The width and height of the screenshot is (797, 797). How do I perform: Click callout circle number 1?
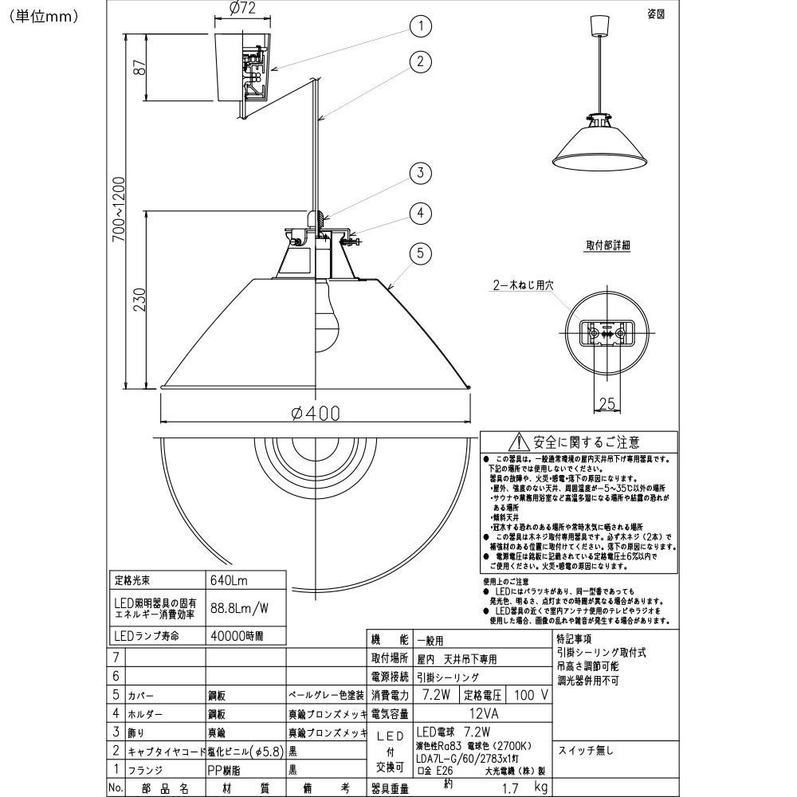point(420,26)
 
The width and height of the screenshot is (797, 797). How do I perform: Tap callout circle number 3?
point(420,173)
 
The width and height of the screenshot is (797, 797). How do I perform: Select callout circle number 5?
point(420,254)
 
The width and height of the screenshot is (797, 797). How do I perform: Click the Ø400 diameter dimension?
point(316,413)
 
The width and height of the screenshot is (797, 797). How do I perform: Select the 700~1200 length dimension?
point(119,211)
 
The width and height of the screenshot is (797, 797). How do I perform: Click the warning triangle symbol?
point(518,442)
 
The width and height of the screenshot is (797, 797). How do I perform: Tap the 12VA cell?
point(482,713)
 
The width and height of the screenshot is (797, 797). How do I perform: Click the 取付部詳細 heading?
point(607,245)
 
